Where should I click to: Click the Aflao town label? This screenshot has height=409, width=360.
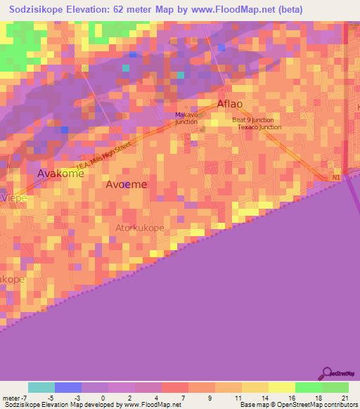click(230, 104)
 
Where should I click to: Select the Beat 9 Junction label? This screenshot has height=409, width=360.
click(254, 119)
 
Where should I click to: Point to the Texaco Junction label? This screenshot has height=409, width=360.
click(259, 127)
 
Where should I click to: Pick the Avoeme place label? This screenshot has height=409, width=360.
click(127, 184)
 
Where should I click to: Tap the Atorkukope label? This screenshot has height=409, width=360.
click(140, 228)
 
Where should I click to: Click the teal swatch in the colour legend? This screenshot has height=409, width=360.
click(41, 387)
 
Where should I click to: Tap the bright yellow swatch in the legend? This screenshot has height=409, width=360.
click(281, 387)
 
